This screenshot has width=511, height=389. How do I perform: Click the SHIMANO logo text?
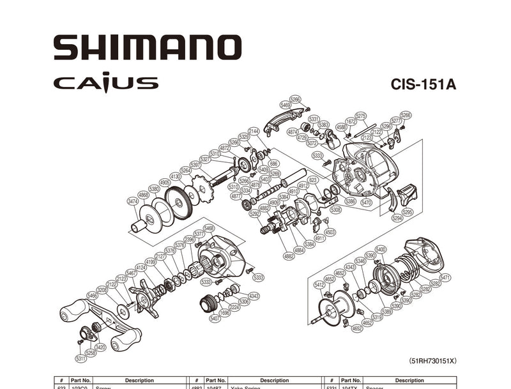(148, 48)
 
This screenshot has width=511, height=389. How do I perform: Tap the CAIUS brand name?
(105, 83)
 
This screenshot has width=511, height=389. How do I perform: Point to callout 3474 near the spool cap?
(132, 201)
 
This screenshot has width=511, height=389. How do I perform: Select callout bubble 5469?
(285, 104)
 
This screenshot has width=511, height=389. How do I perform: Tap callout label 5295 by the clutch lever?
(408, 211)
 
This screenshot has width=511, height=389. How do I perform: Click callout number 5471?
(445, 277)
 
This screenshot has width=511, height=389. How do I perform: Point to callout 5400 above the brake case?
(381, 249)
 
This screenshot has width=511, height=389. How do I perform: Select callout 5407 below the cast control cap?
(215, 317)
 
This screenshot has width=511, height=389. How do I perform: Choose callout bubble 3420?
(100, 347)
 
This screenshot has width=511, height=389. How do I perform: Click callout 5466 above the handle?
(93, 296)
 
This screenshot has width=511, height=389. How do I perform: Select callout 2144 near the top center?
(254, 131)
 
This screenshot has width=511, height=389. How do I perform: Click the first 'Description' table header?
(139, 380)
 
